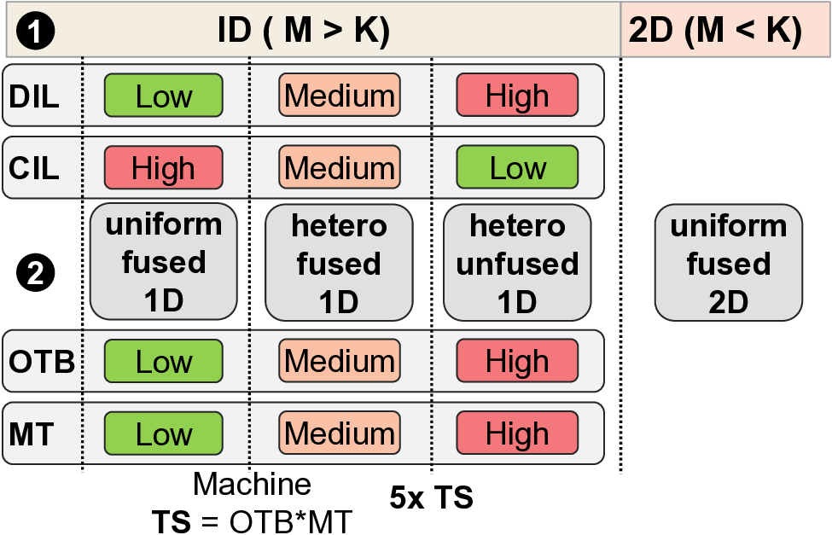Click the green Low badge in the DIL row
(x=163, y=95)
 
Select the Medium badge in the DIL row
(x=339, y=95)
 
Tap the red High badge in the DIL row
(x=517, y=95)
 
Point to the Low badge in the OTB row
(x=163, y=361)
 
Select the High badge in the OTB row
(x=517, y=361)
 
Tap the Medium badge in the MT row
(x=339, y=433)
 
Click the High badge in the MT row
(x=517, y=433)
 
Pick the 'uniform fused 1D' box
(x=163, y=262)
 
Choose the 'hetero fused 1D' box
(x=339, y=262)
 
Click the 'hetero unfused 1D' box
(x=517, y=262)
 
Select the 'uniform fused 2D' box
(x=728, y=262)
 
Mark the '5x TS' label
(x=431, y=496)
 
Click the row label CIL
(x=34, y=167)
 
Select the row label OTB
(x=41, y=362)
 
